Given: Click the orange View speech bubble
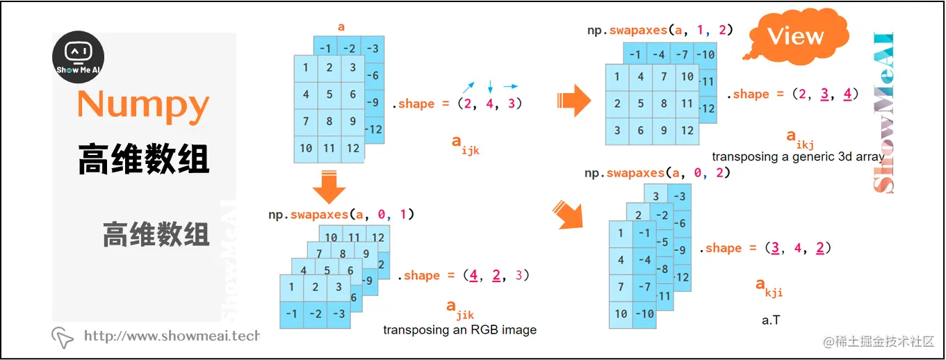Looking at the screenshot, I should tap(794, 37).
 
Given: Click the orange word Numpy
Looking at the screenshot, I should tap(143, 105).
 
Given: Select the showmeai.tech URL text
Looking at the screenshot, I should tap(171, 336).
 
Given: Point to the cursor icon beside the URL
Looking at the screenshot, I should tap(63, 337).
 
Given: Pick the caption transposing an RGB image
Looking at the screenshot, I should tap(459, 329).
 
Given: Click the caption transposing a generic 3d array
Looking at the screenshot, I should tap(797, 156).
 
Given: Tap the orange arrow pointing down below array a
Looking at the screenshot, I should tap(329, 185).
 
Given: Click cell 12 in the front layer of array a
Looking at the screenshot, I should tap(353, 148).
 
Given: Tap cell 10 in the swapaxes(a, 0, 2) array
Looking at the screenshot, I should tap(621, 313).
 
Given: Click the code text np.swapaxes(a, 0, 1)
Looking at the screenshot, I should tap(341, 214).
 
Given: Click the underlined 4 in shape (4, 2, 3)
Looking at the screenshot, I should tap(473, 275).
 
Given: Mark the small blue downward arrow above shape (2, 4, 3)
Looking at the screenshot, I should tap(490, 87).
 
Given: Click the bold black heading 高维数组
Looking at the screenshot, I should tap(143, 159).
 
